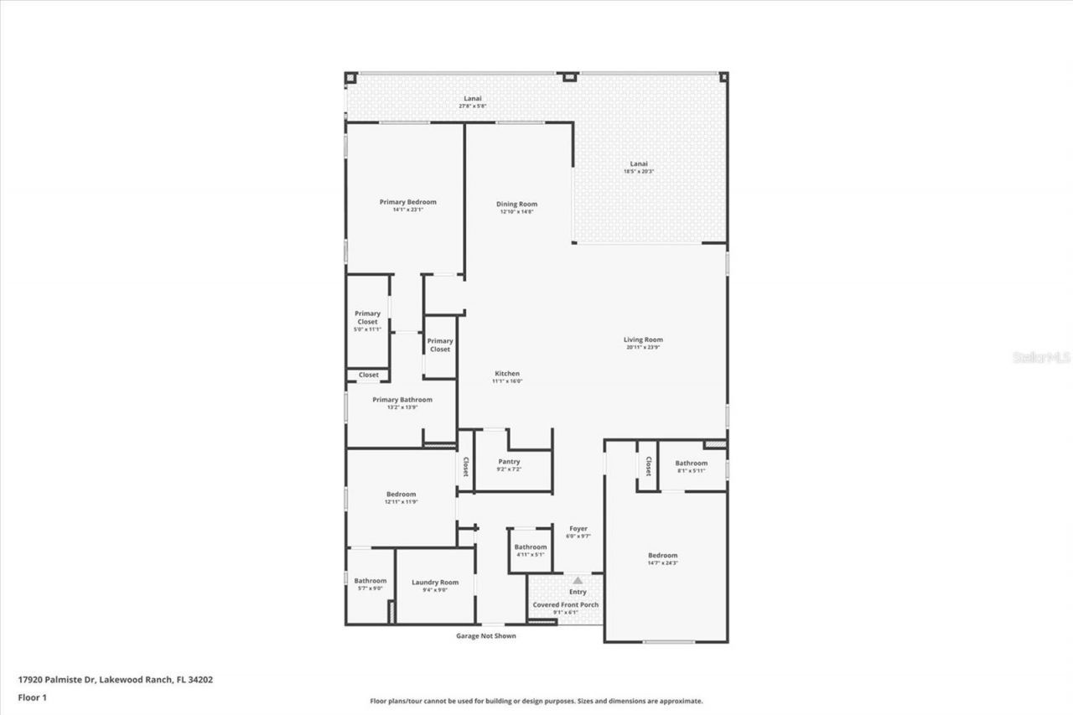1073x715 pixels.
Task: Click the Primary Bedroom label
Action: (x=407, y=202)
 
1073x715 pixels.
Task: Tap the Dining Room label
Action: (x=516, y=205)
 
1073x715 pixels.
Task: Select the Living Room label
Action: (x=643, y=340)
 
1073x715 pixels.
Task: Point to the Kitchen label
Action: (x=506, y=374)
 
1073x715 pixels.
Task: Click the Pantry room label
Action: (x=509, y=462)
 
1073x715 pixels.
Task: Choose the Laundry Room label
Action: (x=435, y=583)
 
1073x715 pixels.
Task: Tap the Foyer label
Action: (x=578, y=529)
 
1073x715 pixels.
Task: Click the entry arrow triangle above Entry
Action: (x=577, y=580)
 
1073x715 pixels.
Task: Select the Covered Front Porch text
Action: (x=566, y=604)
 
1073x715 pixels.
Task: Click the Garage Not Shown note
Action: (x=485, y=636)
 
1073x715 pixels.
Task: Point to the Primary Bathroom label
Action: (x=402, y=400)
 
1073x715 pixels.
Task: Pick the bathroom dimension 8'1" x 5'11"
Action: (x=692, y=470)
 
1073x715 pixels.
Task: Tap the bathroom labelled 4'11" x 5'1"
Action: (x=531, y=554)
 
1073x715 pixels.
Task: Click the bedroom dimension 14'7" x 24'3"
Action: (x=662, y=563)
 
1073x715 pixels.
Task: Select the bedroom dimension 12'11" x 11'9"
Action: (x=401, y=502)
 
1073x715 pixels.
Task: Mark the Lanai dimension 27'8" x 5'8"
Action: (x=472, y=106)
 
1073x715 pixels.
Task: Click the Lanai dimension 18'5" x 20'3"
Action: (x=639, y=171)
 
